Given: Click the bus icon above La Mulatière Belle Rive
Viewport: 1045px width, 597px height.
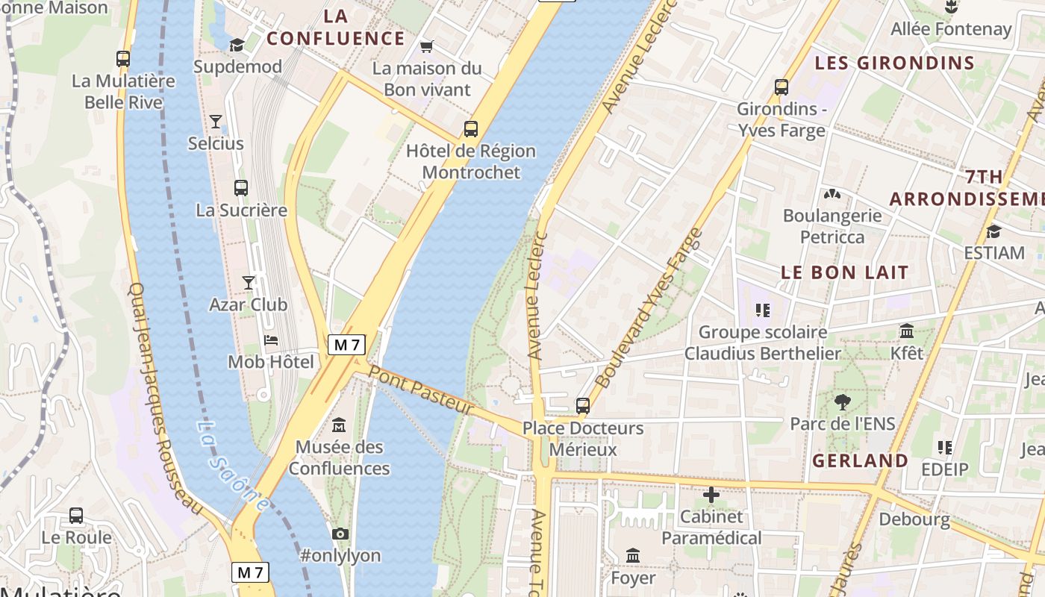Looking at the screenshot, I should pyautogui.click(x=123, y=58).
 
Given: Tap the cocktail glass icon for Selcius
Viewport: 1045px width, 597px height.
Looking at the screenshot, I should pyautogui.click(x=216, y=121).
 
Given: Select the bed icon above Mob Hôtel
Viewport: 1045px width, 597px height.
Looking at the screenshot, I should pyautogui.click(x=271, y=340).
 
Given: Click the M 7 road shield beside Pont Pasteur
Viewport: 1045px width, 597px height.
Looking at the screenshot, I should pyautogui.click(x=346, y=345).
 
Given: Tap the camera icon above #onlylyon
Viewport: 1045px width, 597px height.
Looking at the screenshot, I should pyautogui.click(x=340, y=534).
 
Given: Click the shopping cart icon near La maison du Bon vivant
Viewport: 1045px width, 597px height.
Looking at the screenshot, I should pyautogui.click(x=426, y=47).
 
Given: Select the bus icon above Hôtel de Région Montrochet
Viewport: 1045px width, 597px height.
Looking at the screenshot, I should pyautogui.click(x=470, y=128).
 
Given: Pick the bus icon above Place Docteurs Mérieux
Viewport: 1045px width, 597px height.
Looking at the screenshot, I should pyautogui.click(x=583, y=406).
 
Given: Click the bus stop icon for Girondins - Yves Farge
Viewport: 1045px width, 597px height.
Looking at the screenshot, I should pyautogui.click(x=782, y=87).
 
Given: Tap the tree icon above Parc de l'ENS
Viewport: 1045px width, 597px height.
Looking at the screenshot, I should pyautogui.click(x=842, y=402).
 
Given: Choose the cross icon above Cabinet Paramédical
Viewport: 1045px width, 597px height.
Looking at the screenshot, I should pyautogui.click(x=711, y=495).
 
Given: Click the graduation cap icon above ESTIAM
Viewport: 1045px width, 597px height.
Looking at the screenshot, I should pyautogui.click(x=993, y=231).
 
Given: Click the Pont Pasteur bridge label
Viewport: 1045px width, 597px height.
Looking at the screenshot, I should pyautogui.click(x=422, y=390).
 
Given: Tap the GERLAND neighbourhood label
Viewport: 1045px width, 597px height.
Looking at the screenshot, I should pyautogui.click(x=860, y=460).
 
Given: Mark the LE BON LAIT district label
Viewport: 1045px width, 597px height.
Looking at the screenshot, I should pyautogui.click(x=844, y=272).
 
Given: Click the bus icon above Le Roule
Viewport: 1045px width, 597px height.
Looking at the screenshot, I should pyautogui.click(x=76, y=516).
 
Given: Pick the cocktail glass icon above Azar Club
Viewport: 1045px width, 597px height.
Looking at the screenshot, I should pyautogui.click(x=249, y=282).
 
